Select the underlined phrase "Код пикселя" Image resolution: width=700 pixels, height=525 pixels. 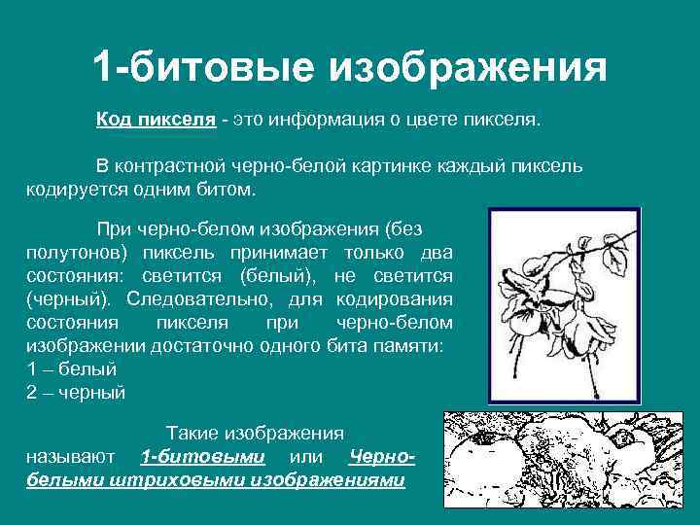156,120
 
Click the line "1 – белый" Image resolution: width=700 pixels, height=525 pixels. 72,369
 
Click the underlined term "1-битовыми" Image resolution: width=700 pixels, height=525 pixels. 202,456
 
